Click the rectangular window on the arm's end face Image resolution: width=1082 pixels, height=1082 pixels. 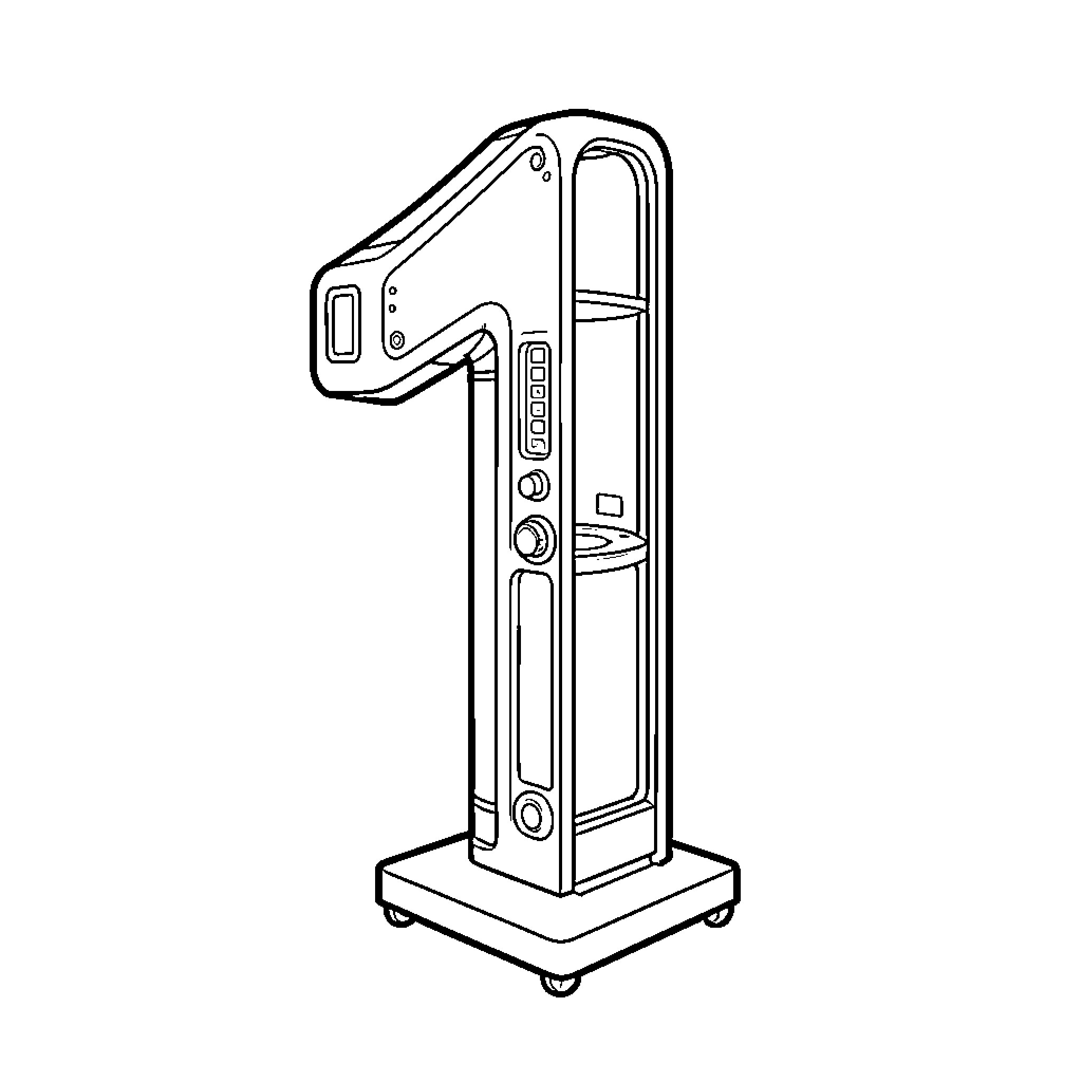point(343,324)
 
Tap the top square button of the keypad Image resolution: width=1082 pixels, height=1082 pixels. point(538,356)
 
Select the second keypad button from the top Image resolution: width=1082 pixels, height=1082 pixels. point(538,374)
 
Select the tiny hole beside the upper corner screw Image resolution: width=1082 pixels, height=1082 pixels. point(547,176)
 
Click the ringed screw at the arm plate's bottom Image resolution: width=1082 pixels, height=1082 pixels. point(397,340)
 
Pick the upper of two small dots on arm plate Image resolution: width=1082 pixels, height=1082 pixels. point(393,291)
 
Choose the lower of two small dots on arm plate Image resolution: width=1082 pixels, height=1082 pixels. point(393,309)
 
